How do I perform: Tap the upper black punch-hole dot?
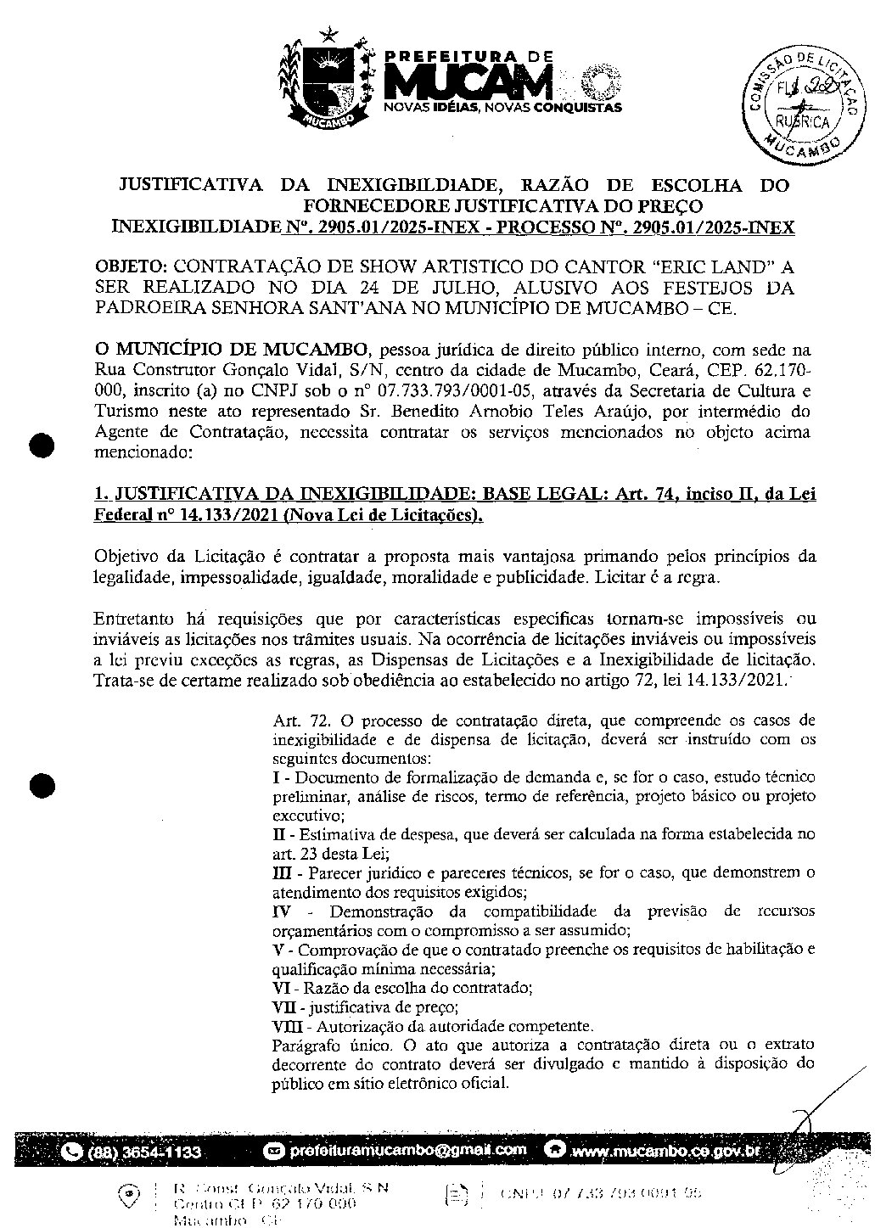41,446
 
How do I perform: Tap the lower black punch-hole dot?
41,785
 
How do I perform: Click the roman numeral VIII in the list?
282,1025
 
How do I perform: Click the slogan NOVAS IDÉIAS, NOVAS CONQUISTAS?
502,108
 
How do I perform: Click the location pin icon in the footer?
128,1196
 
